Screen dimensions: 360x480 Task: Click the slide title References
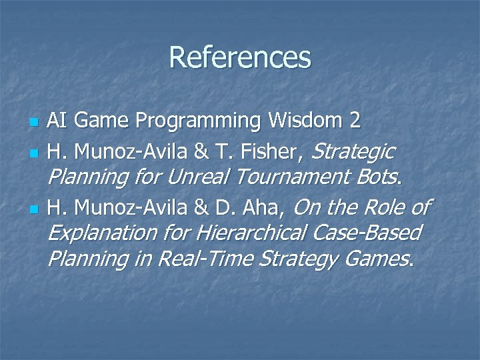[240, 57]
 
